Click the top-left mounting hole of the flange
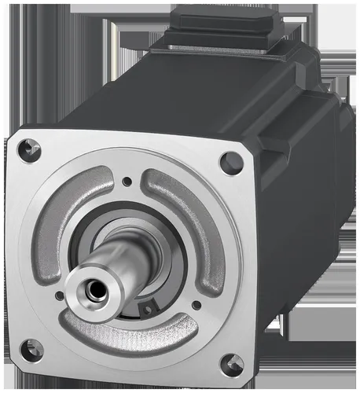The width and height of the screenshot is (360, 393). point(29,146)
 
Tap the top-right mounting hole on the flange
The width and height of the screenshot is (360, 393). point(231,163)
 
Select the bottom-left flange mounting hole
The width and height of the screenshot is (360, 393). point(31,350)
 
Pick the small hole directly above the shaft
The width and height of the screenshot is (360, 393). point(127,182)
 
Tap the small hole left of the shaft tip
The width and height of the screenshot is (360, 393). point(60,296)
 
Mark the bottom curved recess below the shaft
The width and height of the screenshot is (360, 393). point(126,331)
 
